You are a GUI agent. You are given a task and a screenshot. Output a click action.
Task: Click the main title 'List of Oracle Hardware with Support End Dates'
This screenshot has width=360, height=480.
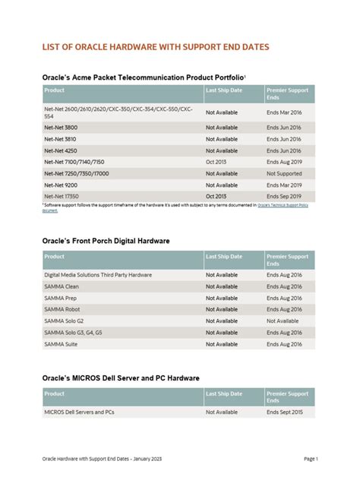(155, 47)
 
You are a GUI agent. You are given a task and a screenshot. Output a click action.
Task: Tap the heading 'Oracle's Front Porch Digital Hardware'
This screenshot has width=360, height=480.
(106, 241)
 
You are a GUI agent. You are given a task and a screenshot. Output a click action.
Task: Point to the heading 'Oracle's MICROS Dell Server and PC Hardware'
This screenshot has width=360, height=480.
(121, 377)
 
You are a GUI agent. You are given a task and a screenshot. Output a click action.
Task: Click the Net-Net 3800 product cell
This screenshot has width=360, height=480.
(61, 128)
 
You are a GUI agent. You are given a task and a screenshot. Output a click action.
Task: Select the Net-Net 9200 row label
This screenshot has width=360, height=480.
(61, 185)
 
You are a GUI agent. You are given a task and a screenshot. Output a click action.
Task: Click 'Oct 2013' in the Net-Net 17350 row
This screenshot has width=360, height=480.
(216, 196)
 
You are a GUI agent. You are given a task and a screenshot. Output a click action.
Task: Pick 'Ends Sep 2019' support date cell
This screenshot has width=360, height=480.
(285, 196)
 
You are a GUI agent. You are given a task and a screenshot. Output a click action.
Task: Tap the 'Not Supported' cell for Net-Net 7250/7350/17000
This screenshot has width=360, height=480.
(285, 173)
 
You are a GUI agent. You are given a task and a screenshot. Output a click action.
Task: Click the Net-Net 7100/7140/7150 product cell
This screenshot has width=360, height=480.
(74, 162)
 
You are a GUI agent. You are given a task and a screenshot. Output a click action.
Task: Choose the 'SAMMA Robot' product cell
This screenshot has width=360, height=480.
(63, 309)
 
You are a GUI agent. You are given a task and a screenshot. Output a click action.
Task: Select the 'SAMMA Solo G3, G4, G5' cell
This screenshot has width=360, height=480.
(73, 332)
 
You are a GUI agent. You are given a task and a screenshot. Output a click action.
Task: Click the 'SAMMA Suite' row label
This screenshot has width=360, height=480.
(62, 343)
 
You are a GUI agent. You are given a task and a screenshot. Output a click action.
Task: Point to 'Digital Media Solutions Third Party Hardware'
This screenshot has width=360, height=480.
(98, 275)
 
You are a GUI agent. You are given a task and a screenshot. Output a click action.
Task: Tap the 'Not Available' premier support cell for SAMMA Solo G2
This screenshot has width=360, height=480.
(283, 321)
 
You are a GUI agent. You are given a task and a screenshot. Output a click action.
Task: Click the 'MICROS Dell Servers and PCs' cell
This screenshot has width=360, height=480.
(79, 412)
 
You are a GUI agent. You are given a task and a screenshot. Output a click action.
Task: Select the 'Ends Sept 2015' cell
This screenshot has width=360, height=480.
(286, 412)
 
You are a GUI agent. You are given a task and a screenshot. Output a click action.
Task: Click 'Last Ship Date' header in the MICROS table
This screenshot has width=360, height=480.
(224, 393)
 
